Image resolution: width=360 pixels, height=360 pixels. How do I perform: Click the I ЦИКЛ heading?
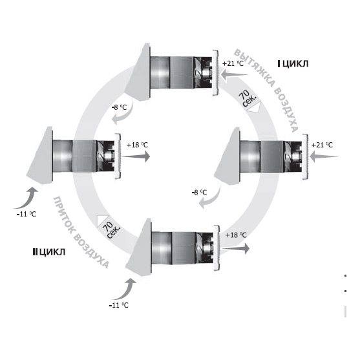click(x=293, y=63)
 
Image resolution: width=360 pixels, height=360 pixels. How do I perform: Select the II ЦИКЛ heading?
click(x=49, y=252)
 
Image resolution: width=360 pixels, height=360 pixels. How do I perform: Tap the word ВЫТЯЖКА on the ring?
click(x=255, y=69)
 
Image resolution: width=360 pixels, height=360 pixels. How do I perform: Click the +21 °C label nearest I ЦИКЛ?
click(x=233, y=63)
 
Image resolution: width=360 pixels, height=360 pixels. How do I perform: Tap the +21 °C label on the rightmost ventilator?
click(x=322, y=145)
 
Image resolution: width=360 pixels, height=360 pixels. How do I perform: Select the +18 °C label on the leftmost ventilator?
click(x=137, y=145)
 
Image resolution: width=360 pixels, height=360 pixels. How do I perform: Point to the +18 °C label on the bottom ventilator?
click(x=236, y=235)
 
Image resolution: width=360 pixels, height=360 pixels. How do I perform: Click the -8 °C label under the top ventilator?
click(x=119, y=107)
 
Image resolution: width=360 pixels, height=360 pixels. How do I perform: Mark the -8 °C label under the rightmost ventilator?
click(x=199, y=192)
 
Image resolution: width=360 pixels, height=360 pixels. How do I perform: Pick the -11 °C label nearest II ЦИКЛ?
click(x=26, y=214)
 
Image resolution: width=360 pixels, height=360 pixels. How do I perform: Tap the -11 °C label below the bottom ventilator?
click(x=118, y=305)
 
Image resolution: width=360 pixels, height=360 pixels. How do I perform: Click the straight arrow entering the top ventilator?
click(x=235, y=74)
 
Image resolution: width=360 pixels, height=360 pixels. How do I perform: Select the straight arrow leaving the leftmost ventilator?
click(x=136, y=157)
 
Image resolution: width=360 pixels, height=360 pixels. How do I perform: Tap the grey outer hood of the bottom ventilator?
click(x=140, y=249)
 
